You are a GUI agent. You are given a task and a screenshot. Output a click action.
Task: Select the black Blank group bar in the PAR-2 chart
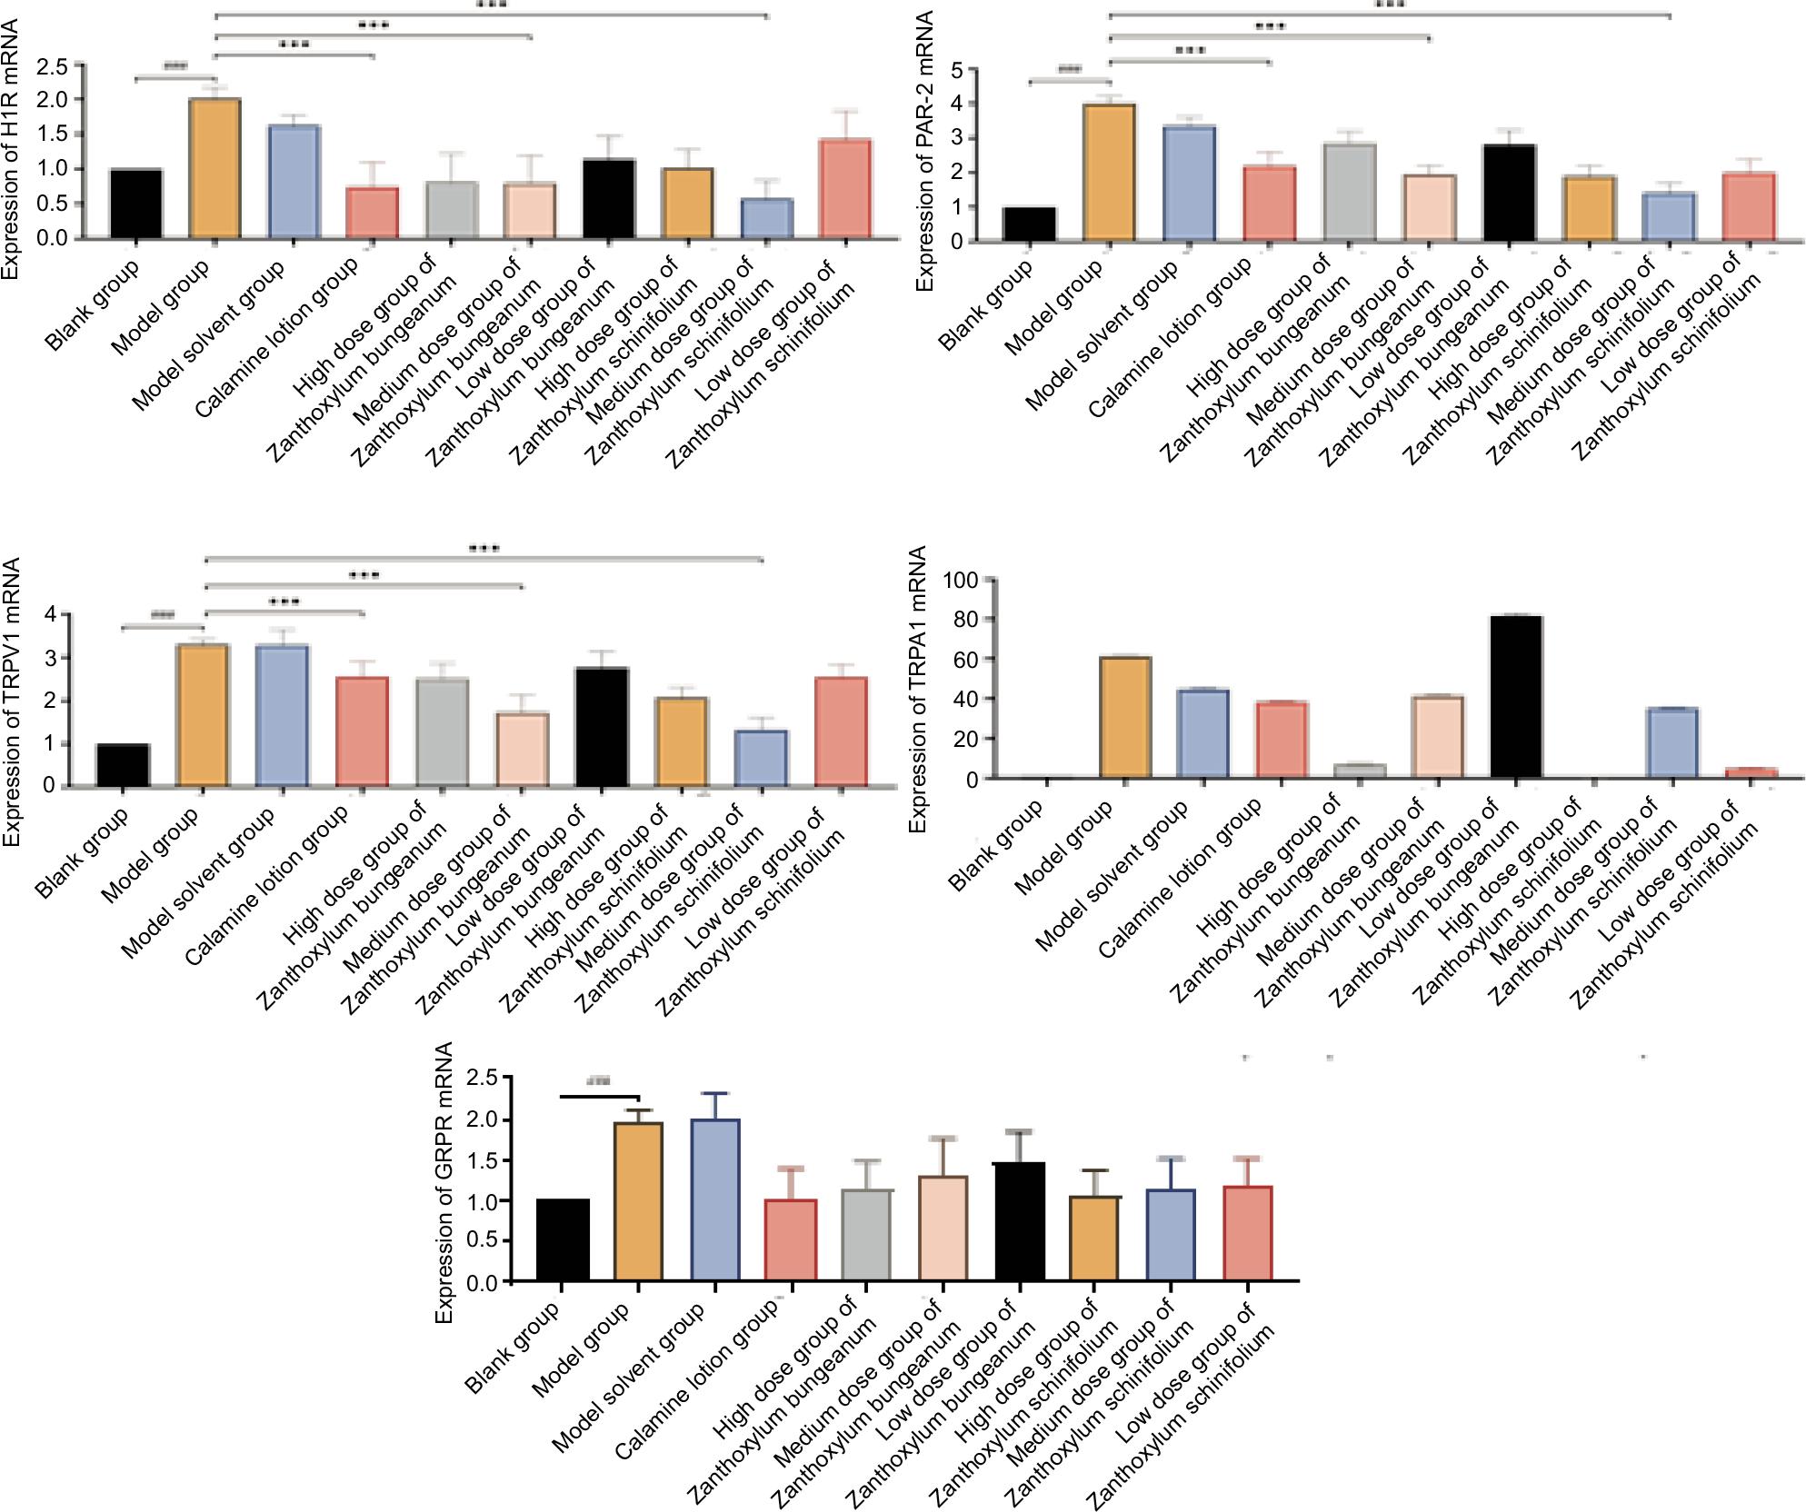[x=1030, y=224]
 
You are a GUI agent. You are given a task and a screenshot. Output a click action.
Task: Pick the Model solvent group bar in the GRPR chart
[x=715, y=1200]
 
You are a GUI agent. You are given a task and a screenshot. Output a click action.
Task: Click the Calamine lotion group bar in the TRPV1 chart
[x=362, y=731]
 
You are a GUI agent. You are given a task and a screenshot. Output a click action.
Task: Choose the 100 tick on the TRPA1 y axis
[x=962, y=580]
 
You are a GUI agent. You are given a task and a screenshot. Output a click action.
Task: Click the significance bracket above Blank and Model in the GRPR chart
[x=600, y=1097]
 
